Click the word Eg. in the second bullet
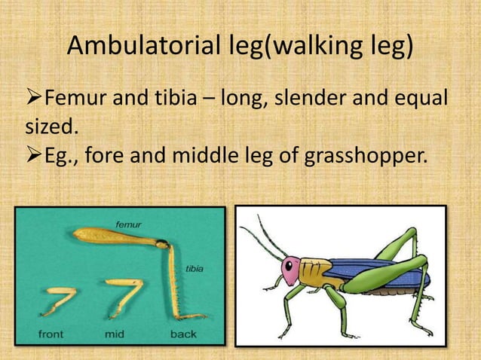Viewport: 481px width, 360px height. click(63, 156)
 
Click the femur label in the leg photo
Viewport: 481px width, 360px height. click(130, 224)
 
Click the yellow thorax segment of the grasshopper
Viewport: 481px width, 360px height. click(315, 271)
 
